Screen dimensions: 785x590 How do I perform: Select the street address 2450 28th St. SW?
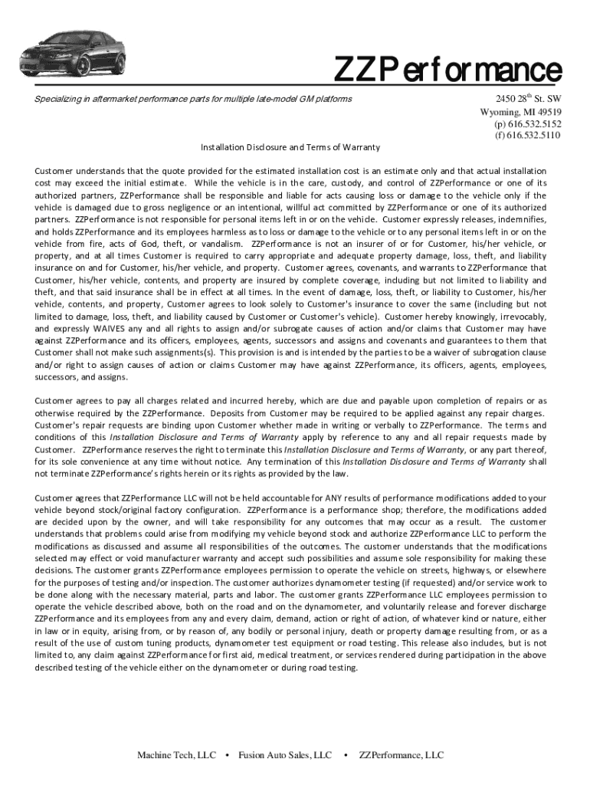click(528, 99)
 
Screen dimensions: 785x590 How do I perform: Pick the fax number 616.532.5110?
click(528, 136)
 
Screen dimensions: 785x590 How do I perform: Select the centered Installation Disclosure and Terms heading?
click(290, 146)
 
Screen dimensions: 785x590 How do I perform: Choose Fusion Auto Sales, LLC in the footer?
click(285, 756)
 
